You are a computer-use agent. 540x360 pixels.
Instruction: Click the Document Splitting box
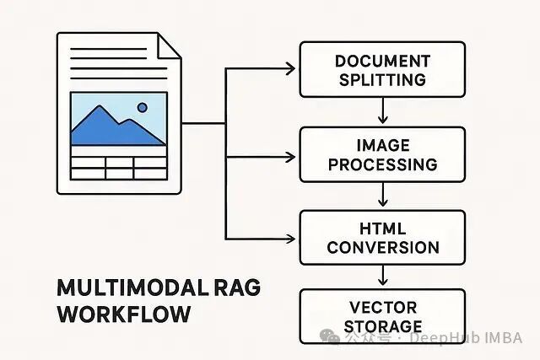click(x=382, y=70)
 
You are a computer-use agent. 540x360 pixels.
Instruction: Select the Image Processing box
click(x=382, y=154)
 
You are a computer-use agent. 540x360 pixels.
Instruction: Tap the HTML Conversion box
click(x=382, y=238)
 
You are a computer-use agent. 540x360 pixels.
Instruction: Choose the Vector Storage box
click(x=382, y=316)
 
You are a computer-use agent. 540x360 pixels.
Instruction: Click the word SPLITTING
click(x=382, y=80)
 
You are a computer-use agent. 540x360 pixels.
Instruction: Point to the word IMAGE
click(x=382, y=145)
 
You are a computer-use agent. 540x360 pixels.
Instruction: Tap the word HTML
click(x=382, y=228)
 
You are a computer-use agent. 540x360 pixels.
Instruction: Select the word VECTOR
click(x=382, y=307)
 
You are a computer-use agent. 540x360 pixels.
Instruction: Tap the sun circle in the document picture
click(x=141, y=107)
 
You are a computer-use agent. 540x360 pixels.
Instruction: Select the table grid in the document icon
click(x=118, y=166)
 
